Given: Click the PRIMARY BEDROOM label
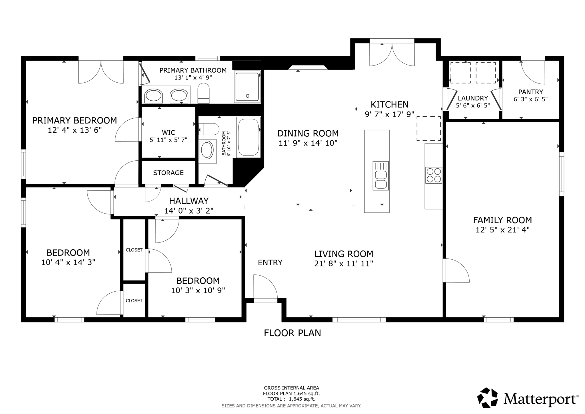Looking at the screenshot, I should (75, 120).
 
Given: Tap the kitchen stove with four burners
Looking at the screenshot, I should (434, 175).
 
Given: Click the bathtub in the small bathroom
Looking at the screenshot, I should (248, 137).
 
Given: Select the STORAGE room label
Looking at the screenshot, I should (168, 173).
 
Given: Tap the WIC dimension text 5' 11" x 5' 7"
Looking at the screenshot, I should (168, 140).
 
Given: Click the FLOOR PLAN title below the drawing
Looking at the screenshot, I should (292, 333).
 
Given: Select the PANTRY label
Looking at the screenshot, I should (530, 92).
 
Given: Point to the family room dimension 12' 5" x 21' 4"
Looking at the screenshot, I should (502, 230).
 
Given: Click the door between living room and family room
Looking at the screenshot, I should (456, 270).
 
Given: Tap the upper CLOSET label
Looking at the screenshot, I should (134, 250).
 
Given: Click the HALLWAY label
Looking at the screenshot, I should (189, 201).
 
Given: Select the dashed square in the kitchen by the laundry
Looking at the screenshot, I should (428, 128).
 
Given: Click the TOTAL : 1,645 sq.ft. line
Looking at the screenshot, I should (291, 399).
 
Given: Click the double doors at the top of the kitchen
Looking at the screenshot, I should (392, 54).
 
